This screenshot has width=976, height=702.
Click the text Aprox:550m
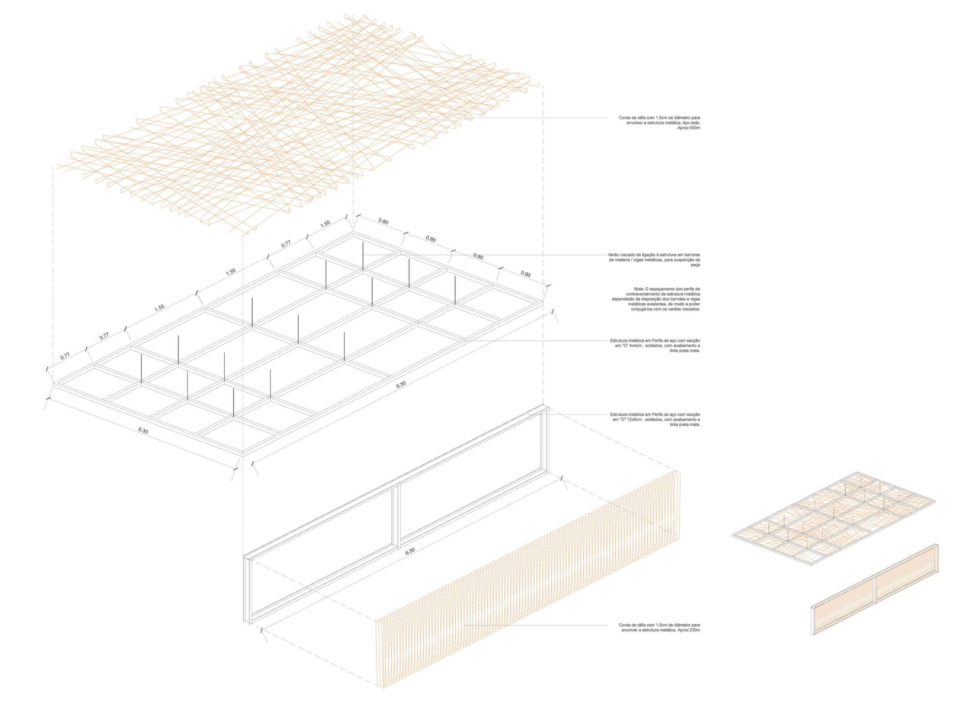689,128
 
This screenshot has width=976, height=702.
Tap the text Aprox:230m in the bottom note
689,630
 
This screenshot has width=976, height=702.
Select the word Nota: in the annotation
639,289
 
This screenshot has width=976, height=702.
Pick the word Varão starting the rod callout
614,255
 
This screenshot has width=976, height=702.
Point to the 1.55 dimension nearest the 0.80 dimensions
325,223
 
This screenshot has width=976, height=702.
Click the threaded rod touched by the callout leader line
363,257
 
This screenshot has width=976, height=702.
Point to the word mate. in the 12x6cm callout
695,424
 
